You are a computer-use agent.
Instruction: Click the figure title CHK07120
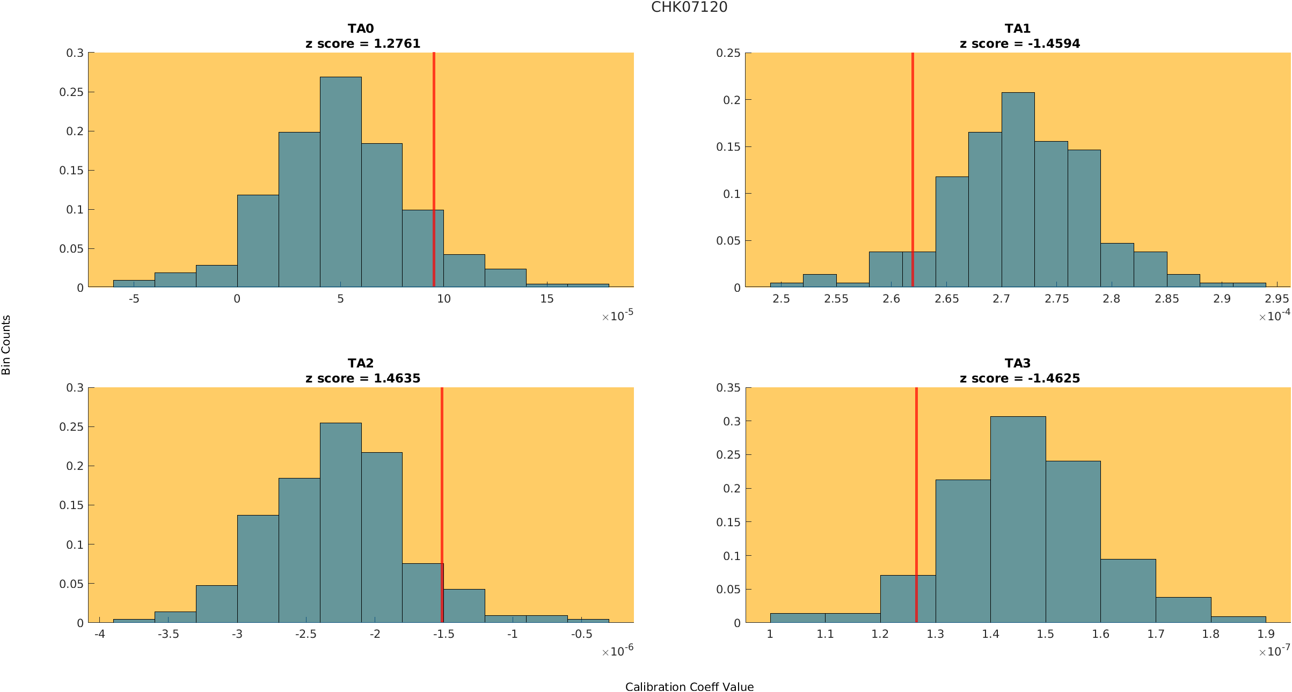[x=689, y=7]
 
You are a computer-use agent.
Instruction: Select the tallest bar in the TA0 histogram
[x=340, y=182]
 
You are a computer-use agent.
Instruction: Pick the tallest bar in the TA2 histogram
[x=340, y=523]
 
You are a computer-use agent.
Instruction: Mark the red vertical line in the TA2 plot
[x=442, y=483]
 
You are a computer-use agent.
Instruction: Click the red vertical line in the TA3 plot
[x=916, y=483]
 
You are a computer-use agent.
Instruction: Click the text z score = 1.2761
[x=363, y=43]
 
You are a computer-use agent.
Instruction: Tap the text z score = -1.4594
[x=1019, y=43]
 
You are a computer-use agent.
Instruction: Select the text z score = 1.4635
[x=363, y=378]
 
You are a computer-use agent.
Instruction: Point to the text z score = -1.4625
[x=1019, y=378]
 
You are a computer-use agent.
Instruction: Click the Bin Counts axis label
[x=6, y=344]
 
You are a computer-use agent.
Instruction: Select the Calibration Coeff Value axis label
[x=689, y=687]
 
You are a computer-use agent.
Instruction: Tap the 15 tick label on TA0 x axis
[x=546, y=299]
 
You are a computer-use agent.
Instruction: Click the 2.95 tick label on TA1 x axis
[x=1276, y=299]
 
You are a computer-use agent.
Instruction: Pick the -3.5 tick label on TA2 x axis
[x=168, y=634]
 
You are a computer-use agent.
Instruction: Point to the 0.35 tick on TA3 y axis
[x=728, y=387]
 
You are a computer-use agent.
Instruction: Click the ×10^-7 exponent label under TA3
[x=1274, y=651]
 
